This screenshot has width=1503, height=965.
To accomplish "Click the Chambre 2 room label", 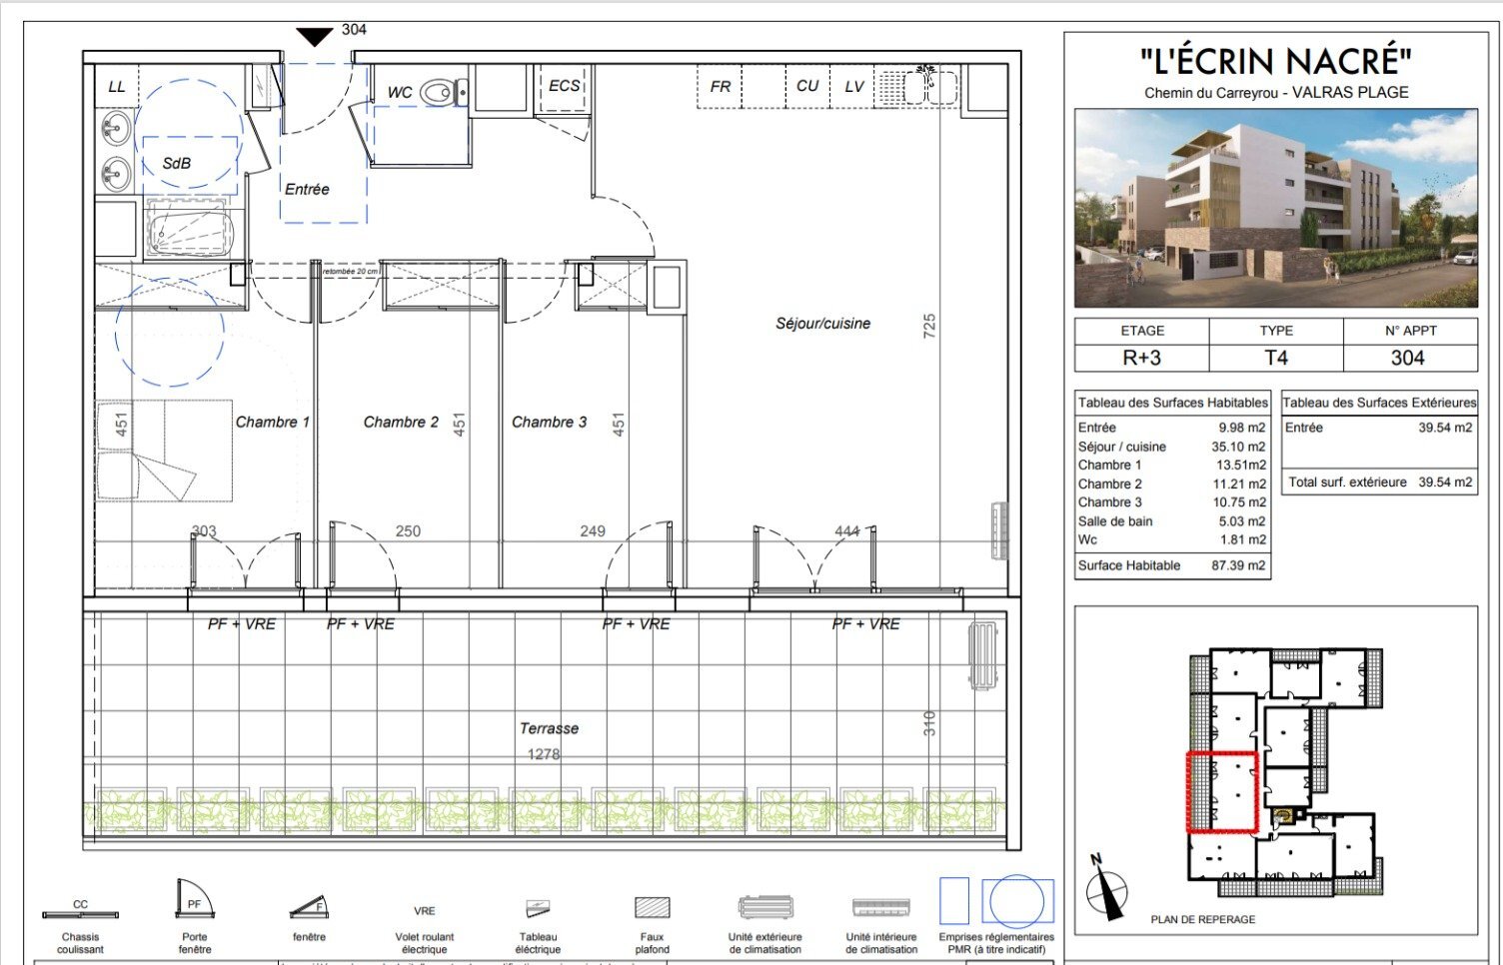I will [x=401, y=422].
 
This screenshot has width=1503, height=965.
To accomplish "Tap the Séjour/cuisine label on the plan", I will [x=822, y=323].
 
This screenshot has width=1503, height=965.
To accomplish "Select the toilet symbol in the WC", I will [x=440, y=92].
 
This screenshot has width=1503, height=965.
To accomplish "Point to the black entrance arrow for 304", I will [x=315, y=37].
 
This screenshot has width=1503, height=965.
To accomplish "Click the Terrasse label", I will [x=549, y=728].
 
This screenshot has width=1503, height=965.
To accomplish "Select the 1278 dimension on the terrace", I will [x=544, y=754].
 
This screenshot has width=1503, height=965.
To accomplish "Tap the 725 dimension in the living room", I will [x=929, y=325].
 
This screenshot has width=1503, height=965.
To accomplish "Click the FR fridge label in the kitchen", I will [x=720, y=87].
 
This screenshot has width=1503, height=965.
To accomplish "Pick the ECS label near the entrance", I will [x=564, y=86].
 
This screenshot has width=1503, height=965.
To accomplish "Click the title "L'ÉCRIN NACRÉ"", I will [x=1275, y=62].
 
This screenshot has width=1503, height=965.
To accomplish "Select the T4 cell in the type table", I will [x=1276, y=358].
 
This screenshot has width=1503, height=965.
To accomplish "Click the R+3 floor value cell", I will [x=1141, y=358].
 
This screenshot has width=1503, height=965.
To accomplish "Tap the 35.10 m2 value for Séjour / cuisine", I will [x=1238, y=447].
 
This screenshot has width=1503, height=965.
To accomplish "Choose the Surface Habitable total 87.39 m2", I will [x=1238, y=565].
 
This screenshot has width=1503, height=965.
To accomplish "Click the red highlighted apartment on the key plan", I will [x=1221, y=791].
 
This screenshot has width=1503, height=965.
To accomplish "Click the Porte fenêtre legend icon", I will [x=194, y=901].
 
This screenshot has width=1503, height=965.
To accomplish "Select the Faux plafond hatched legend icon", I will [x=652, y=907].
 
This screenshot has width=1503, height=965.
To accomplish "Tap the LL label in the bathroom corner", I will [x=117, y=87].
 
